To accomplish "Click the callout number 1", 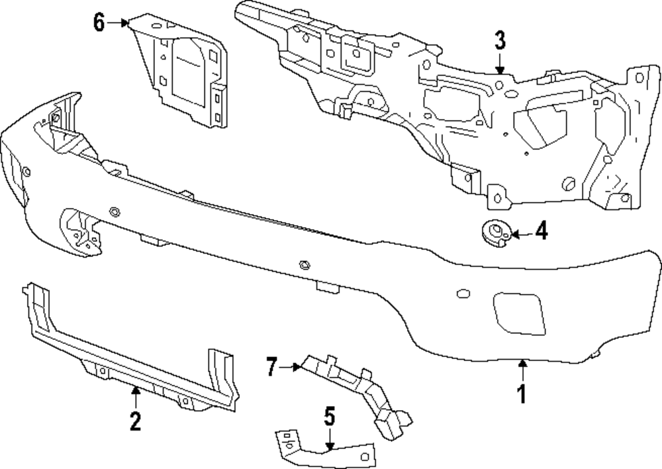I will tap(522, 394).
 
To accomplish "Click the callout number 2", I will tap(135, 421).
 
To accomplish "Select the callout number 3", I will tap(500, 41).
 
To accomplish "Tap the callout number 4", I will tap(541, 232).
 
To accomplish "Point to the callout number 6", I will tap(99, 23).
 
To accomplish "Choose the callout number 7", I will tap(271, 366).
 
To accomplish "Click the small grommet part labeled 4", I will tap(494, 233).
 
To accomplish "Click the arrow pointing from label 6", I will tap(119, 23).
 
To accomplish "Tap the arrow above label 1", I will tap(522, 368).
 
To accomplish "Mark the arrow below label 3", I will tap(500, 64).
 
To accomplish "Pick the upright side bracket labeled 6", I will tap(182, 73).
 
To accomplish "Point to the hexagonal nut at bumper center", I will tap(304, 264).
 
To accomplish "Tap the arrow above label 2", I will tap(135, 396).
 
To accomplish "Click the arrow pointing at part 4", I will tap(520, 233).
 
